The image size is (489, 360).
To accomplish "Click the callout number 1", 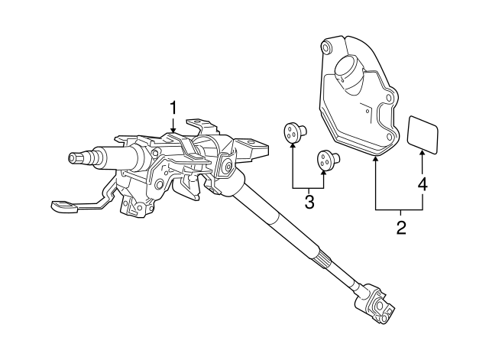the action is coord(173,108).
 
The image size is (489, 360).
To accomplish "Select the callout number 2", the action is coord(401,228).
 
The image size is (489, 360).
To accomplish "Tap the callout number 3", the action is coord(309,202).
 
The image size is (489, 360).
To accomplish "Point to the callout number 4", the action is coord(423,184).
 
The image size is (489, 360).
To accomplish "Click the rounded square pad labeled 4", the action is coord(423,135).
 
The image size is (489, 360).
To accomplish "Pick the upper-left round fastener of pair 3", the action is coord(295,132).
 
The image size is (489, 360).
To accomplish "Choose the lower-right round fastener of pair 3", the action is coord(328,161).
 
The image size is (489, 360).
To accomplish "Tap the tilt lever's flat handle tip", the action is coord(64,206).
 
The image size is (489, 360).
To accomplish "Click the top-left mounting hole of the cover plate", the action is coord(326,47).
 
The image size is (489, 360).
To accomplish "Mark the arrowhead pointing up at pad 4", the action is coord(423,154).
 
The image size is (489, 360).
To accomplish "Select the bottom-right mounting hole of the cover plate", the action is coord(390,137).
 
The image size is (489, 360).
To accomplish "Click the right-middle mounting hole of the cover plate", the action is coord(389,98).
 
